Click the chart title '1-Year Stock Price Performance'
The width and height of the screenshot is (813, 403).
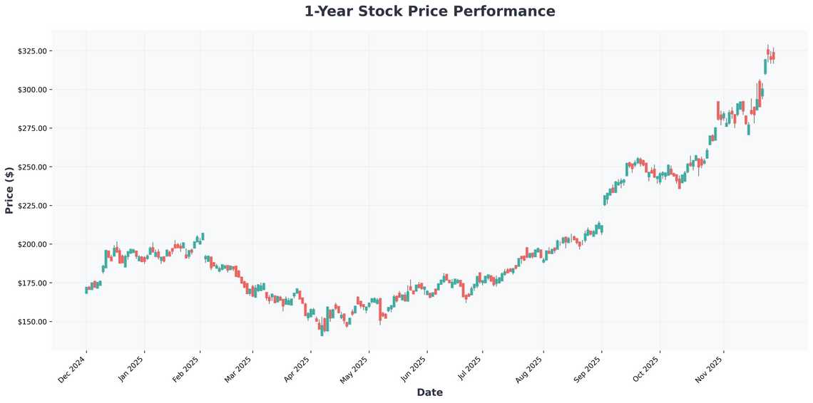pyautogui.click(x=429, y=11)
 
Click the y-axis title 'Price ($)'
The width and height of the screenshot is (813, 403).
pyautogui.click(x=9, y=190)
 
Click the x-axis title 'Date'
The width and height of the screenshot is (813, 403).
pyautogui.click(x=429, y=392)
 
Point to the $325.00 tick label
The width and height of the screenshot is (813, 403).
pyautogui.click(x=33, y=51)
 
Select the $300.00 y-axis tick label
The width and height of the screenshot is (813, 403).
pyautogui.click(x=33, y=90)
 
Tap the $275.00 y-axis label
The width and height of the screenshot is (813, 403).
pyautogui.click(x=33, y=128)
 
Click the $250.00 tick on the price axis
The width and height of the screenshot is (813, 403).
pyautogui.click(x=33, y=167)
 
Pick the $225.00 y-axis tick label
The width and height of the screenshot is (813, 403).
pyautogui.click(x=33, y=206)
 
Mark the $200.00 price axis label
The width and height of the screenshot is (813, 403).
pyautogui.click(x=33, y=244)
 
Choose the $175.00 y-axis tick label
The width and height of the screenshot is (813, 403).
pyautogui.click(x=33, y=283)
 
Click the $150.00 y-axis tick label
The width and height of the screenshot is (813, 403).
pyautogui.click(x=33, y=322)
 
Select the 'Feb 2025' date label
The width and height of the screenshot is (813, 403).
pyautogui.click(x=185, y=369)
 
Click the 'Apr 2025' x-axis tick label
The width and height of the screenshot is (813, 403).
pyautogui.click(x=296, y=369)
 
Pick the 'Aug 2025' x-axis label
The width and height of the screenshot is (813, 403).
pyautogui.click(x=529, y=369)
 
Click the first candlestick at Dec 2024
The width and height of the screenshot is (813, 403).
pyautogui.click(x=86, y=290)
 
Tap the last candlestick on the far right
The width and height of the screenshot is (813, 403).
pyautogui.click(x=773, y=56)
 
